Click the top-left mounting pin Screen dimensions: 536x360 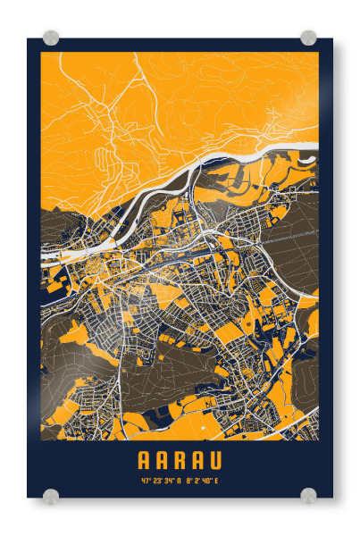(51, 38)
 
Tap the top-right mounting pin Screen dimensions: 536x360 (308, 38)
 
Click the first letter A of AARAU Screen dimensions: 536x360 (145, 461)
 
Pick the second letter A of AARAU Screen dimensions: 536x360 (163, 461)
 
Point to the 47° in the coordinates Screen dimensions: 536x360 (145, 482)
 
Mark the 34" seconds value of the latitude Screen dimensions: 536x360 (168, 482)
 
